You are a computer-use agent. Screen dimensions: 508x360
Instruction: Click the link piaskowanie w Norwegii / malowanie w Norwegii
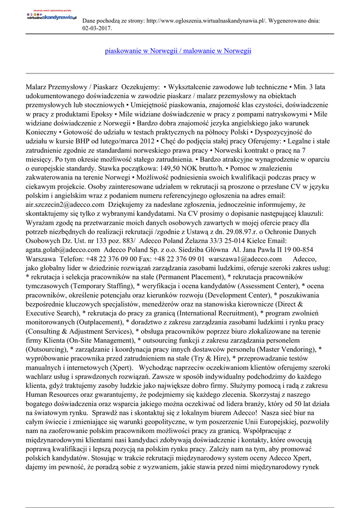[178, 51]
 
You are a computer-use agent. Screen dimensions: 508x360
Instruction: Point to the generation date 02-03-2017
[97, 29]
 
